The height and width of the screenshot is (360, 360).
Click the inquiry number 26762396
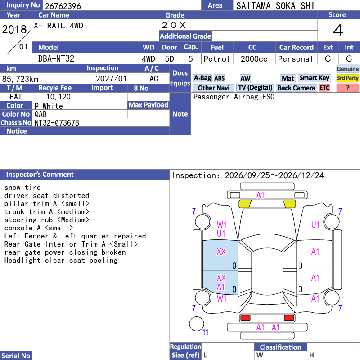point(63,6)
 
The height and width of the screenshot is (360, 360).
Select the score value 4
point(338,30)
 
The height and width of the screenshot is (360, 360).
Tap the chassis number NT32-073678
point(57,122)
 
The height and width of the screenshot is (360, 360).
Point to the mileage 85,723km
point(20,79)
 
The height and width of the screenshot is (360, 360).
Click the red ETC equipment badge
point(324,88)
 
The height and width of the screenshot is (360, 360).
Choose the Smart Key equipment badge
point(314,78)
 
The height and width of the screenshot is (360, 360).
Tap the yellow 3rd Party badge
point(347,78)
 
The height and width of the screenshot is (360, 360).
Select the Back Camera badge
point(296,88)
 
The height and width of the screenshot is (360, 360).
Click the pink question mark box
point(347,88)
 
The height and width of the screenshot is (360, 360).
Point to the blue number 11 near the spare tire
point(205,332)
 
